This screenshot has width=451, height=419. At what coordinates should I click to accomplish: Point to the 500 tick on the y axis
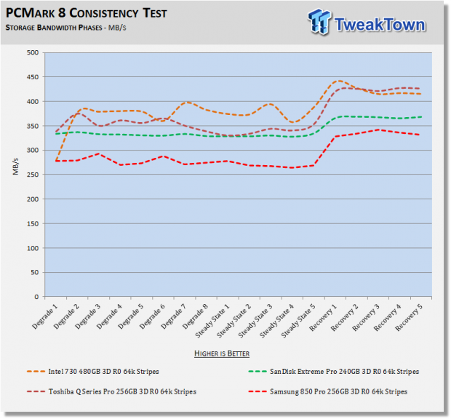pyautogui.click(x=31, y=52)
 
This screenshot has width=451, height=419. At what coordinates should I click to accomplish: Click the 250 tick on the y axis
pyautogui.click(x=31, y=175)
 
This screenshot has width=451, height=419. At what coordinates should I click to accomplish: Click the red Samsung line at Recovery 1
pyautogui.click(x=335, y=136)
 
